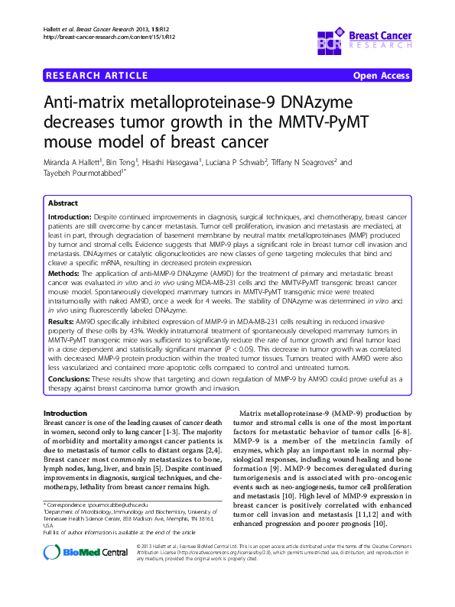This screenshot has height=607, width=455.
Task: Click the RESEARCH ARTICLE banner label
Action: coord(96,75)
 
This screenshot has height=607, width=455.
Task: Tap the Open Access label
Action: coord(381,75)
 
